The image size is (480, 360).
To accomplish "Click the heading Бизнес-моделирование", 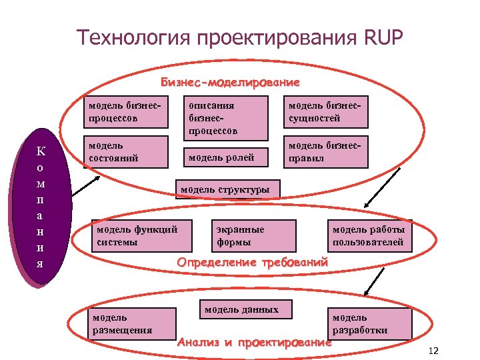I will point(230,83).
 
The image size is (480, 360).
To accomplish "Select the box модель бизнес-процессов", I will point(125,112).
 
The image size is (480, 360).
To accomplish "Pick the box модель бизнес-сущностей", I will point(326,112).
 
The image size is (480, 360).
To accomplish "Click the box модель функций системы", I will point(141,235).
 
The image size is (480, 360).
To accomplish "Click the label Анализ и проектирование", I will point(254,343).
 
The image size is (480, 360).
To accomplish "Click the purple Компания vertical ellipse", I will point(40,207).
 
